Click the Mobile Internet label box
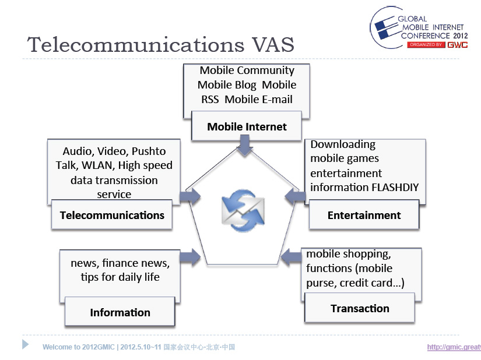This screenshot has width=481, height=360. [x=247, y=126]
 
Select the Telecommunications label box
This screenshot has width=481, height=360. [x=112, y=214]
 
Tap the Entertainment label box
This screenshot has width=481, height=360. [x=364, y=214]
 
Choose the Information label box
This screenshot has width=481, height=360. [x=120, y=312]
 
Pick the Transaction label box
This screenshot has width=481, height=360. [x=360, y=308]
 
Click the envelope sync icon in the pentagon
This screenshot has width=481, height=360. [x=243, y=210]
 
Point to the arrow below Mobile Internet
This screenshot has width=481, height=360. [x=245, y=145]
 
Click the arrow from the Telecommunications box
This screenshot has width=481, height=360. [x=190, y=196]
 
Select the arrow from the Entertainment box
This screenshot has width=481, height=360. [x=295, y=196]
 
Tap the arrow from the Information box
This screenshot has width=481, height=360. [x=190, y=257]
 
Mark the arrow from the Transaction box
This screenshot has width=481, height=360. [x=291, y=257]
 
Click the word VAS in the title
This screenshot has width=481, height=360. [x=273, y=45]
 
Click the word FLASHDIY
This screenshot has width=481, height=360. [x=395, y=187]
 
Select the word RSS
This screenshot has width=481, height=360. [x=210, y=100]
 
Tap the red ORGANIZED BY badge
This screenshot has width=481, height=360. [x=426, y=45]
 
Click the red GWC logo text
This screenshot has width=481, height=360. [x=457, y=45]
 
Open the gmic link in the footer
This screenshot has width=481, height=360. [x=454, y=347]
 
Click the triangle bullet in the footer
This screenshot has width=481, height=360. [x=25, y=344]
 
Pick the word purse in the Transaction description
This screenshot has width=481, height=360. [x=320, y=283]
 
